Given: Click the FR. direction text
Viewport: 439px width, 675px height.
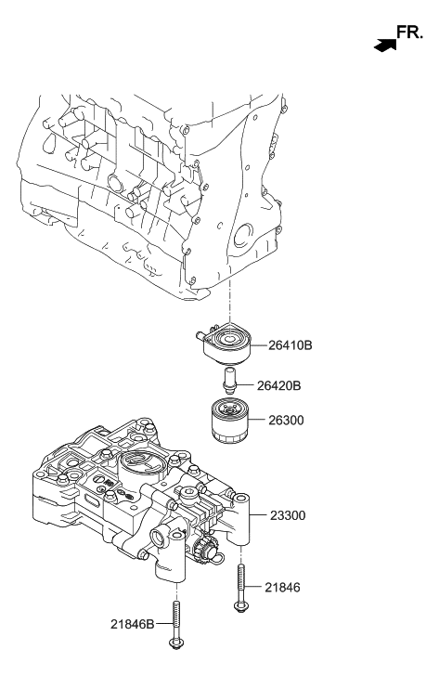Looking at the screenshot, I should [x=409, y=33].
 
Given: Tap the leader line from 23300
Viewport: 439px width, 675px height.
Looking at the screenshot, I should [x=264, y=514].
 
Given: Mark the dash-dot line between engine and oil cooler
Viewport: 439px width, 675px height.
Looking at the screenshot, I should [x=227, y=306].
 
